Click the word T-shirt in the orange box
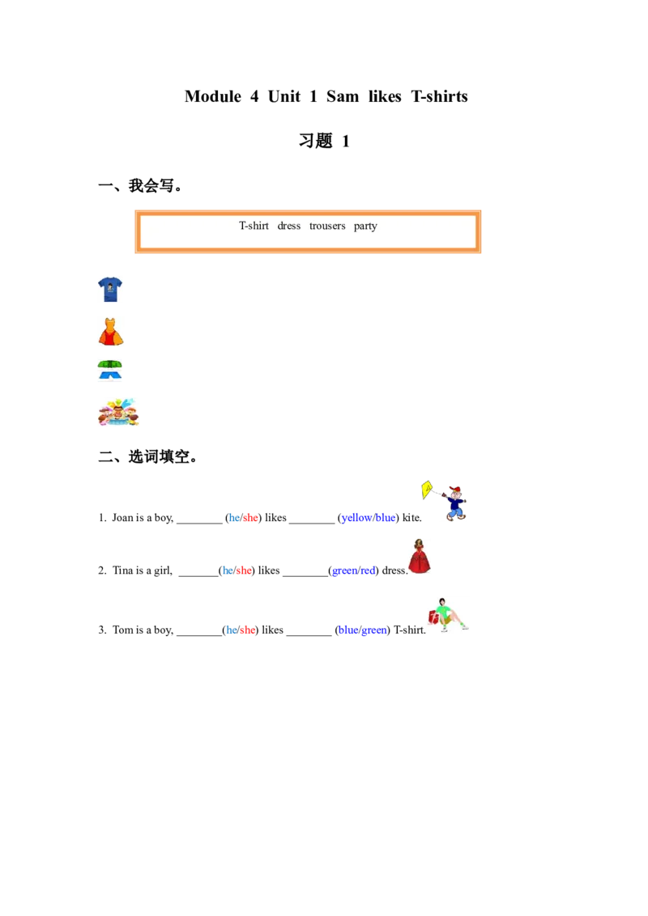coord(254,226)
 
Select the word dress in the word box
coord(288,226)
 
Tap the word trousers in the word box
coord(327,226)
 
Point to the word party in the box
coord(365,226)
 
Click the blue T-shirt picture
coord(110,289)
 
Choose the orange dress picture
coord(112,330)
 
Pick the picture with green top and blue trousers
coord(110,371)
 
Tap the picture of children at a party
coord(120,411)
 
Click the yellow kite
coord(427,489)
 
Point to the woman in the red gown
coord(418,557)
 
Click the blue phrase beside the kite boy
coord(369,518)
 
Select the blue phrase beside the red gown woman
coord(353,570)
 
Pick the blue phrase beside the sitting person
coord(362,630)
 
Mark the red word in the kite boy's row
coord(250,518)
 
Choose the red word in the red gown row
coord(244,570)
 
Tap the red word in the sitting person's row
coord(247,630)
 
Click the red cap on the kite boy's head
coord(455,490)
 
